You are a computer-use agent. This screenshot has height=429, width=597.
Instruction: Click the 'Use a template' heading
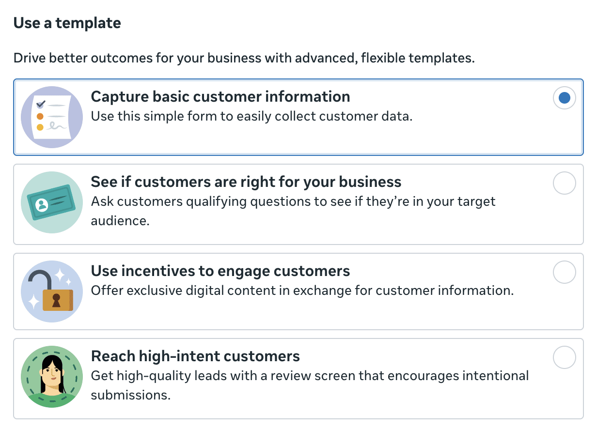pos(67,23)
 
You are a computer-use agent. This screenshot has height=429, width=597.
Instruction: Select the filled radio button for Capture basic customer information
pos(564,98)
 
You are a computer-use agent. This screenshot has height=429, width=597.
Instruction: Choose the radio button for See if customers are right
pos(564,183)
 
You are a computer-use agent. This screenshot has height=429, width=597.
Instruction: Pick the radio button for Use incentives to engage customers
pos(564,272)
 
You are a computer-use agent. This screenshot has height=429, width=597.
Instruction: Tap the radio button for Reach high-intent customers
pos(564,357)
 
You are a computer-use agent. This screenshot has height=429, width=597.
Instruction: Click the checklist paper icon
pos(52,117)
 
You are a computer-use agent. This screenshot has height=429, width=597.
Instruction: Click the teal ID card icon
pos(52,202)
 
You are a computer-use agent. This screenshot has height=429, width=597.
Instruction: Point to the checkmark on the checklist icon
pos(41,104)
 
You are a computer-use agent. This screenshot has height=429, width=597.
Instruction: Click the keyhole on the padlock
pos(56,300)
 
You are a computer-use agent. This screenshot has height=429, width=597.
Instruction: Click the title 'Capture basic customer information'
pos(220,96)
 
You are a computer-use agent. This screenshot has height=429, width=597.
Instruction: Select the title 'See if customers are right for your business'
pos(246,182)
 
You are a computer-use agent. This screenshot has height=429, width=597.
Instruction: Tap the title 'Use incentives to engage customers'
pos(220,271)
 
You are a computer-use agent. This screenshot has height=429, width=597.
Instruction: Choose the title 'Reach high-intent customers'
pos(195,356)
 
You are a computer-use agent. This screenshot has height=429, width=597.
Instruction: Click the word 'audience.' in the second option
pos(120,221)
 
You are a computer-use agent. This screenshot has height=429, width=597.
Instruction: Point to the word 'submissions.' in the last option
pos(131,395)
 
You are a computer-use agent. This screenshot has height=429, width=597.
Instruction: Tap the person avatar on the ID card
pos(42,205)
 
